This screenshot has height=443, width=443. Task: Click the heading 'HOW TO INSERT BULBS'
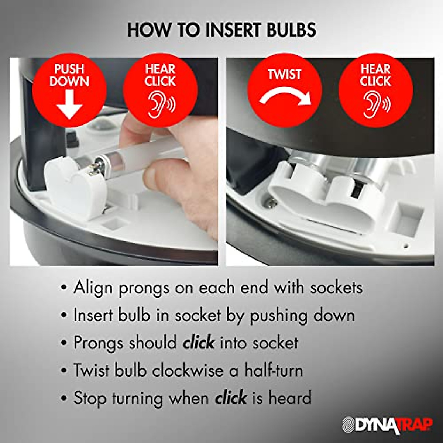(x=221, y=30)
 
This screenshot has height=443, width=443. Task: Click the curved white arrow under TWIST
(x=285, y=97)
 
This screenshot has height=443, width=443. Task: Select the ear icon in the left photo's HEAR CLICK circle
(x=160, y=104)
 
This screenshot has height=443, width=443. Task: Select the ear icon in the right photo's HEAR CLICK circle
(x=375, y=104)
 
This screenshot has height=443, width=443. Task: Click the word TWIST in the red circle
(x=285, y=75)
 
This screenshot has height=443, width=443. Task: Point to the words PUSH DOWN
(x=69, y=75)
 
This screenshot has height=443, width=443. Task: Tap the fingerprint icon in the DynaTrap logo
(x=348, y=425)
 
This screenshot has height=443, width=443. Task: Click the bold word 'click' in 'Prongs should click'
(x=199, y=343)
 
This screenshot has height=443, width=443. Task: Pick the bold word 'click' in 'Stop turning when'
(x=231, y=398)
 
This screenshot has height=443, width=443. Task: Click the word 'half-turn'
(x=274, y=371)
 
